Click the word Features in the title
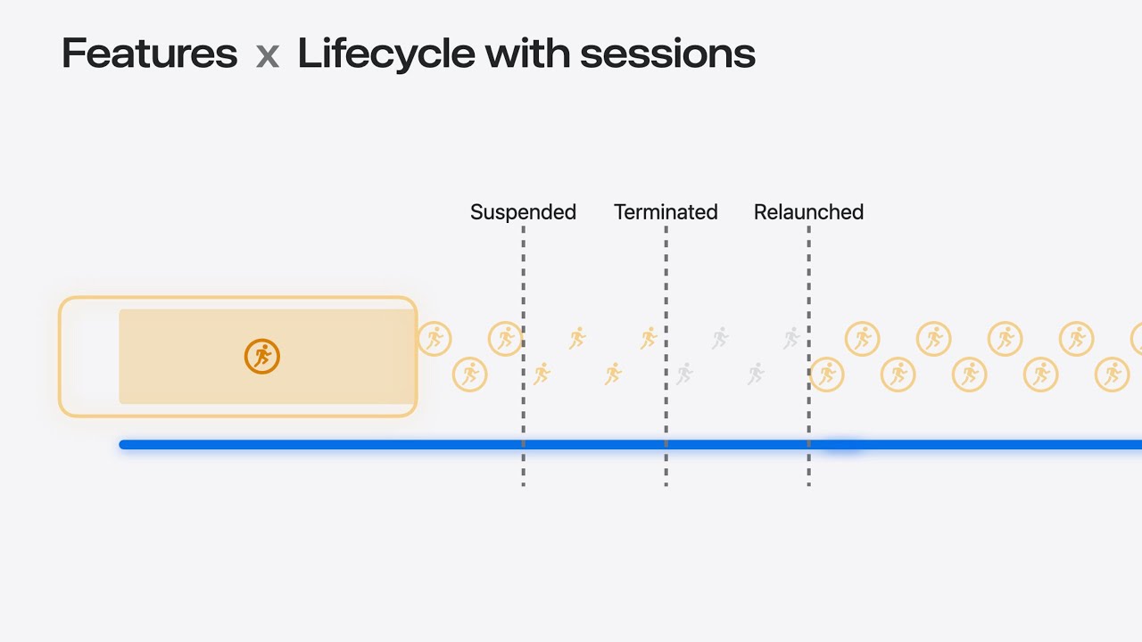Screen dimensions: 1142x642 149,53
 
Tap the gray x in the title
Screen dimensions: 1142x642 267,56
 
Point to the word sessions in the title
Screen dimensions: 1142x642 667,55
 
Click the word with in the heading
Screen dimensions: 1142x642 527,53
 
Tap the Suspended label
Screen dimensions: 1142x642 523,212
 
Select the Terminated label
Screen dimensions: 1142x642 666,212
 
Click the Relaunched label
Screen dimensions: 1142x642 808,212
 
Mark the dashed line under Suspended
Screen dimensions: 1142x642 523,356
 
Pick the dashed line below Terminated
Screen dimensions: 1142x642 666,356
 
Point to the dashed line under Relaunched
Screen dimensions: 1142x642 808,356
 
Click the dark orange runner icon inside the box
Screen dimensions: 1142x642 262,357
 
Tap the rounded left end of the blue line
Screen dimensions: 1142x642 122,445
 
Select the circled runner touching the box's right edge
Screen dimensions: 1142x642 434,339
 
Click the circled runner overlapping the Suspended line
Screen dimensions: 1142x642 505,339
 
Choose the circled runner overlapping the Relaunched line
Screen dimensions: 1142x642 826,374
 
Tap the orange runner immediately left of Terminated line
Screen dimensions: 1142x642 649,338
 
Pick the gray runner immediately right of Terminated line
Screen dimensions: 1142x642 684,374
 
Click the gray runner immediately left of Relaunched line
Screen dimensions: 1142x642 791,338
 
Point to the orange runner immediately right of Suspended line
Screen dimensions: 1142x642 542,374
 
